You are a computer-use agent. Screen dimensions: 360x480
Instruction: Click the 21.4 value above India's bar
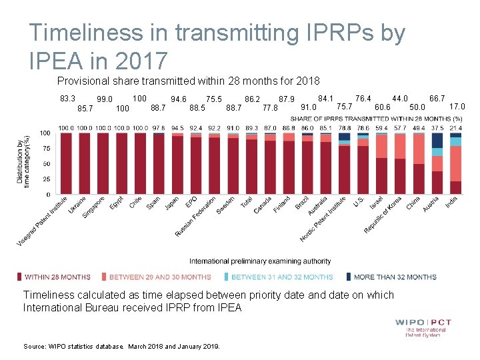point(456,128)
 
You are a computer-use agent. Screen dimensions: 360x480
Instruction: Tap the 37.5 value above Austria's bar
point(437,128)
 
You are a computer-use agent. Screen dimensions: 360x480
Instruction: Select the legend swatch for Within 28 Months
point(19,277)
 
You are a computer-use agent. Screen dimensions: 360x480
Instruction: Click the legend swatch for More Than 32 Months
point(348,277)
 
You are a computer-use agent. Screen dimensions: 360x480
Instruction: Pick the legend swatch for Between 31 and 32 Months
point(226,277)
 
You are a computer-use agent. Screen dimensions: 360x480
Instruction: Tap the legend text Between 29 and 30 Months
point(160,277)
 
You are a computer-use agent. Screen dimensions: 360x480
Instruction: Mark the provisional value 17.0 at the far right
point(457,106)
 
